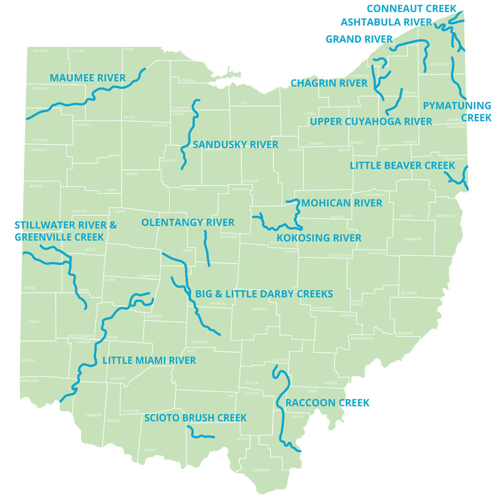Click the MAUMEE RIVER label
[87, 78]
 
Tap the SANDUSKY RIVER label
[235, 145]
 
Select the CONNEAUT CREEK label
[411, 9]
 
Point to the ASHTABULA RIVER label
[386, 22]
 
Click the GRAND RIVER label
[359, 39]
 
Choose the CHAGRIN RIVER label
[329, 83]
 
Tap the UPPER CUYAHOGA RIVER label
[371, 121]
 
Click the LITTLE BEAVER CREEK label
[402, 166]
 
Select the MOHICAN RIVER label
[342, 203]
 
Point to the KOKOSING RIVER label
[319, 238]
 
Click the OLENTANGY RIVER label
[187, 222]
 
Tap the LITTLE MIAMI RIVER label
[149, 360]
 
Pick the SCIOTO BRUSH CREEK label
[195, 418]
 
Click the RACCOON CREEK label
[327, 403]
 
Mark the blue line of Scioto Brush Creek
[200, 434]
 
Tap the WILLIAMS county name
[41, 51]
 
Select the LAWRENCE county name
[262, 470]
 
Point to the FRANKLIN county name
[217, 304]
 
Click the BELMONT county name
[409, 293]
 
